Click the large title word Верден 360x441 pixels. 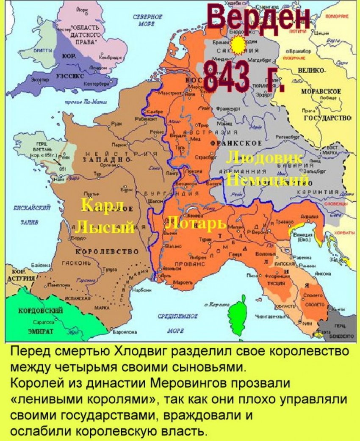(x=259, y=19)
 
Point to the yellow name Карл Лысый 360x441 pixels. (x=104, y=216)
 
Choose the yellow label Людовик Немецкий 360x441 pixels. (x=267, y=169)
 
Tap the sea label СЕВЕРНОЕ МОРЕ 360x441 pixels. (x=148, y=20)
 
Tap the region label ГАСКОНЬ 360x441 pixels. (x=77, y=263)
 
